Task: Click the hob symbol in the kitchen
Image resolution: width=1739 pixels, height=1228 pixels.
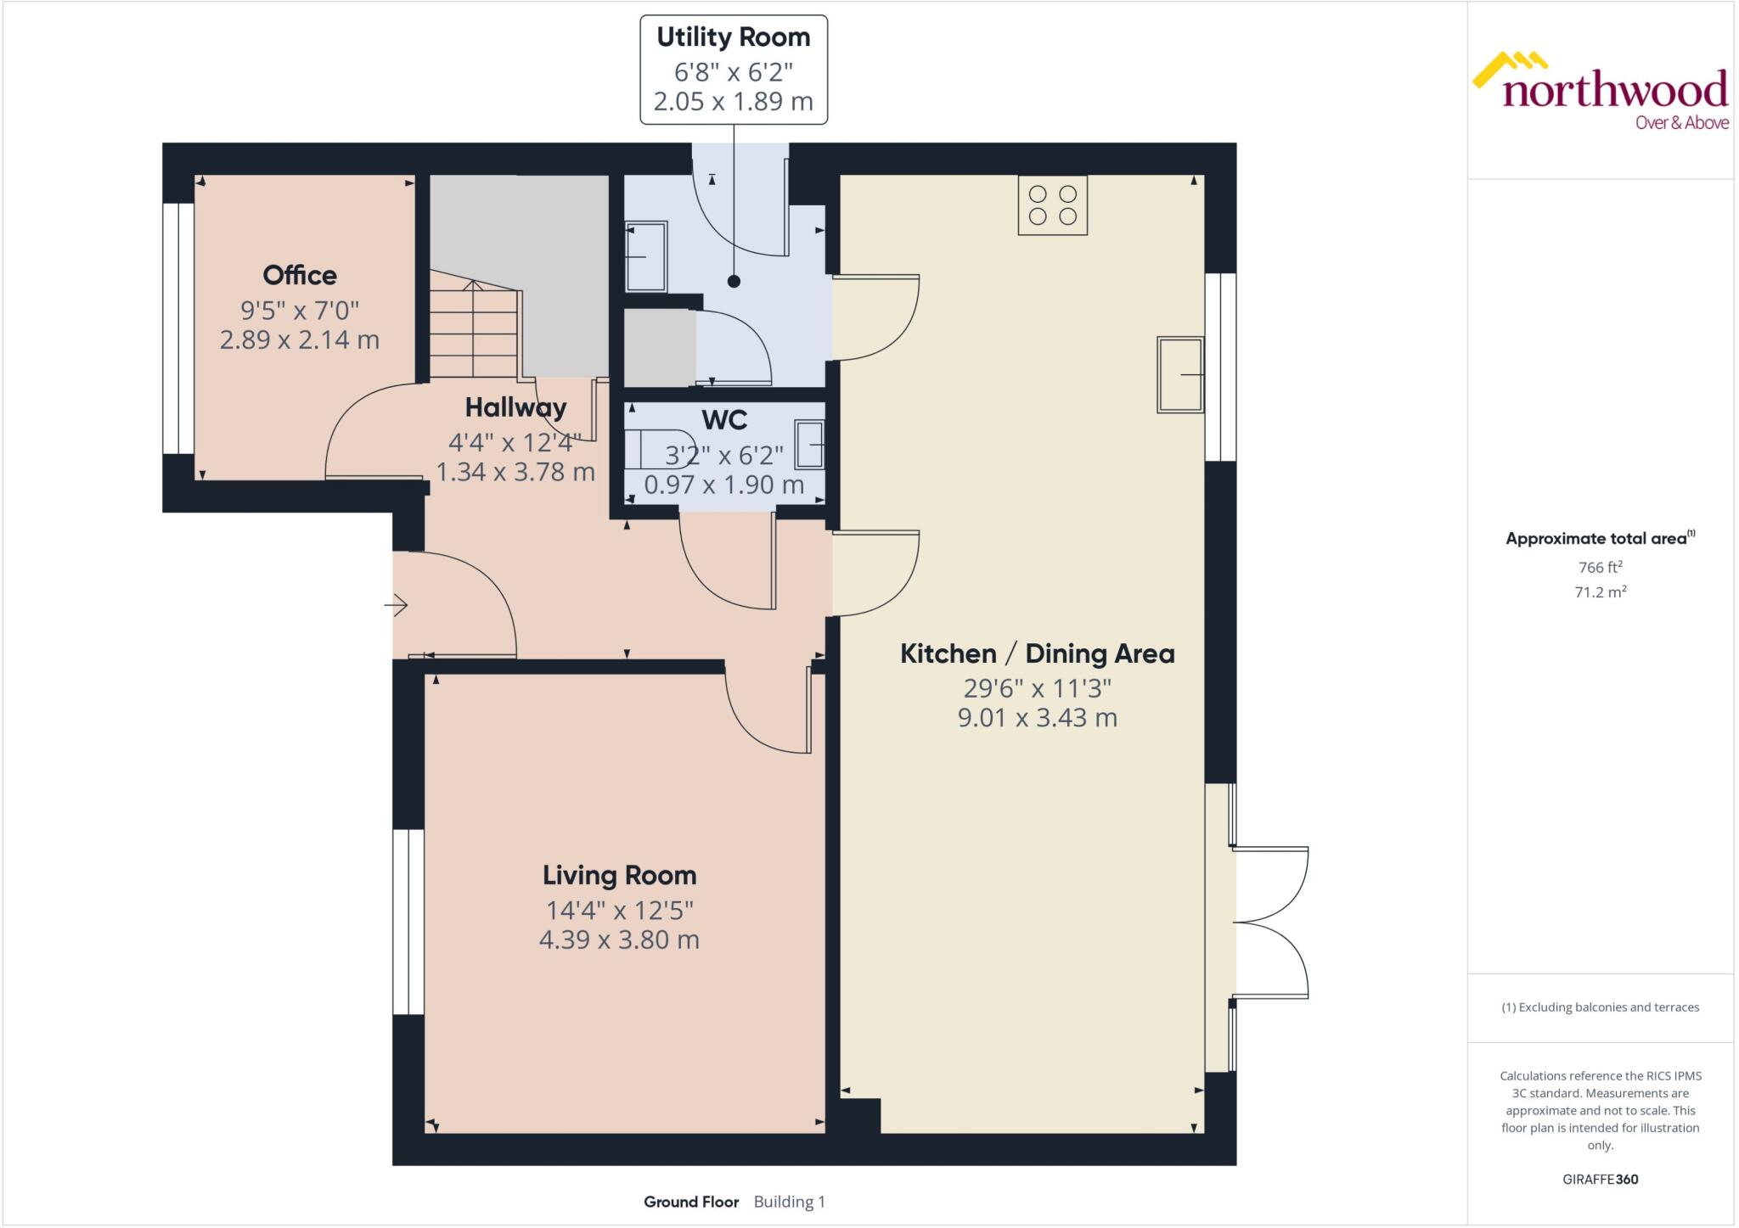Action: (1052, 205)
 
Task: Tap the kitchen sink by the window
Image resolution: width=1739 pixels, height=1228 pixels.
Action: (1180, 375)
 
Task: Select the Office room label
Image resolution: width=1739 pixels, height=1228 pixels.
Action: (299, 275)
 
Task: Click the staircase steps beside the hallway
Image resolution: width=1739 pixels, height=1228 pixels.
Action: (473, 335)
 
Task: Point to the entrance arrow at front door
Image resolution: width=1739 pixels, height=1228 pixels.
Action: (396, 605)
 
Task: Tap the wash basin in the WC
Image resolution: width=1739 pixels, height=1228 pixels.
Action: (810, 444)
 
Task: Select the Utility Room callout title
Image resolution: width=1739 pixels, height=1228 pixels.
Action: (733, 37)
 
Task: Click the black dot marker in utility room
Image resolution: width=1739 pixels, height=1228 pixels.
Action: (734, 282)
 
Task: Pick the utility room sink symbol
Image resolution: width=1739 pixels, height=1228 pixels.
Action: (646, 256)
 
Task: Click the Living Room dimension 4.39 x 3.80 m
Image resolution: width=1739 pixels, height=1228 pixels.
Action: (619, 940)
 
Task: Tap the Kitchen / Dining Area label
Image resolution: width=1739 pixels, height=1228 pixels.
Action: (1037, 653)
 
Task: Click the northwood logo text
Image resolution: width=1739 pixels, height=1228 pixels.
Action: (1614, 90)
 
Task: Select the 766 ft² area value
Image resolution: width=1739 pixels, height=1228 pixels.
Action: (1600, 567)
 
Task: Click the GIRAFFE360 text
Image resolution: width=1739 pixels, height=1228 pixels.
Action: (1600, 1179)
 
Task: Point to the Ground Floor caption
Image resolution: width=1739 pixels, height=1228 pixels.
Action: (691, 1202)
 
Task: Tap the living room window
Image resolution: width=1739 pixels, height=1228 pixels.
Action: (408, 922)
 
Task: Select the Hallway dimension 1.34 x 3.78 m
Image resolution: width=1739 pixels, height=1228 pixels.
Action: (515, 472)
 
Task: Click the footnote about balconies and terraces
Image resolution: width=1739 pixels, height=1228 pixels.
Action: (1600, 1007)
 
